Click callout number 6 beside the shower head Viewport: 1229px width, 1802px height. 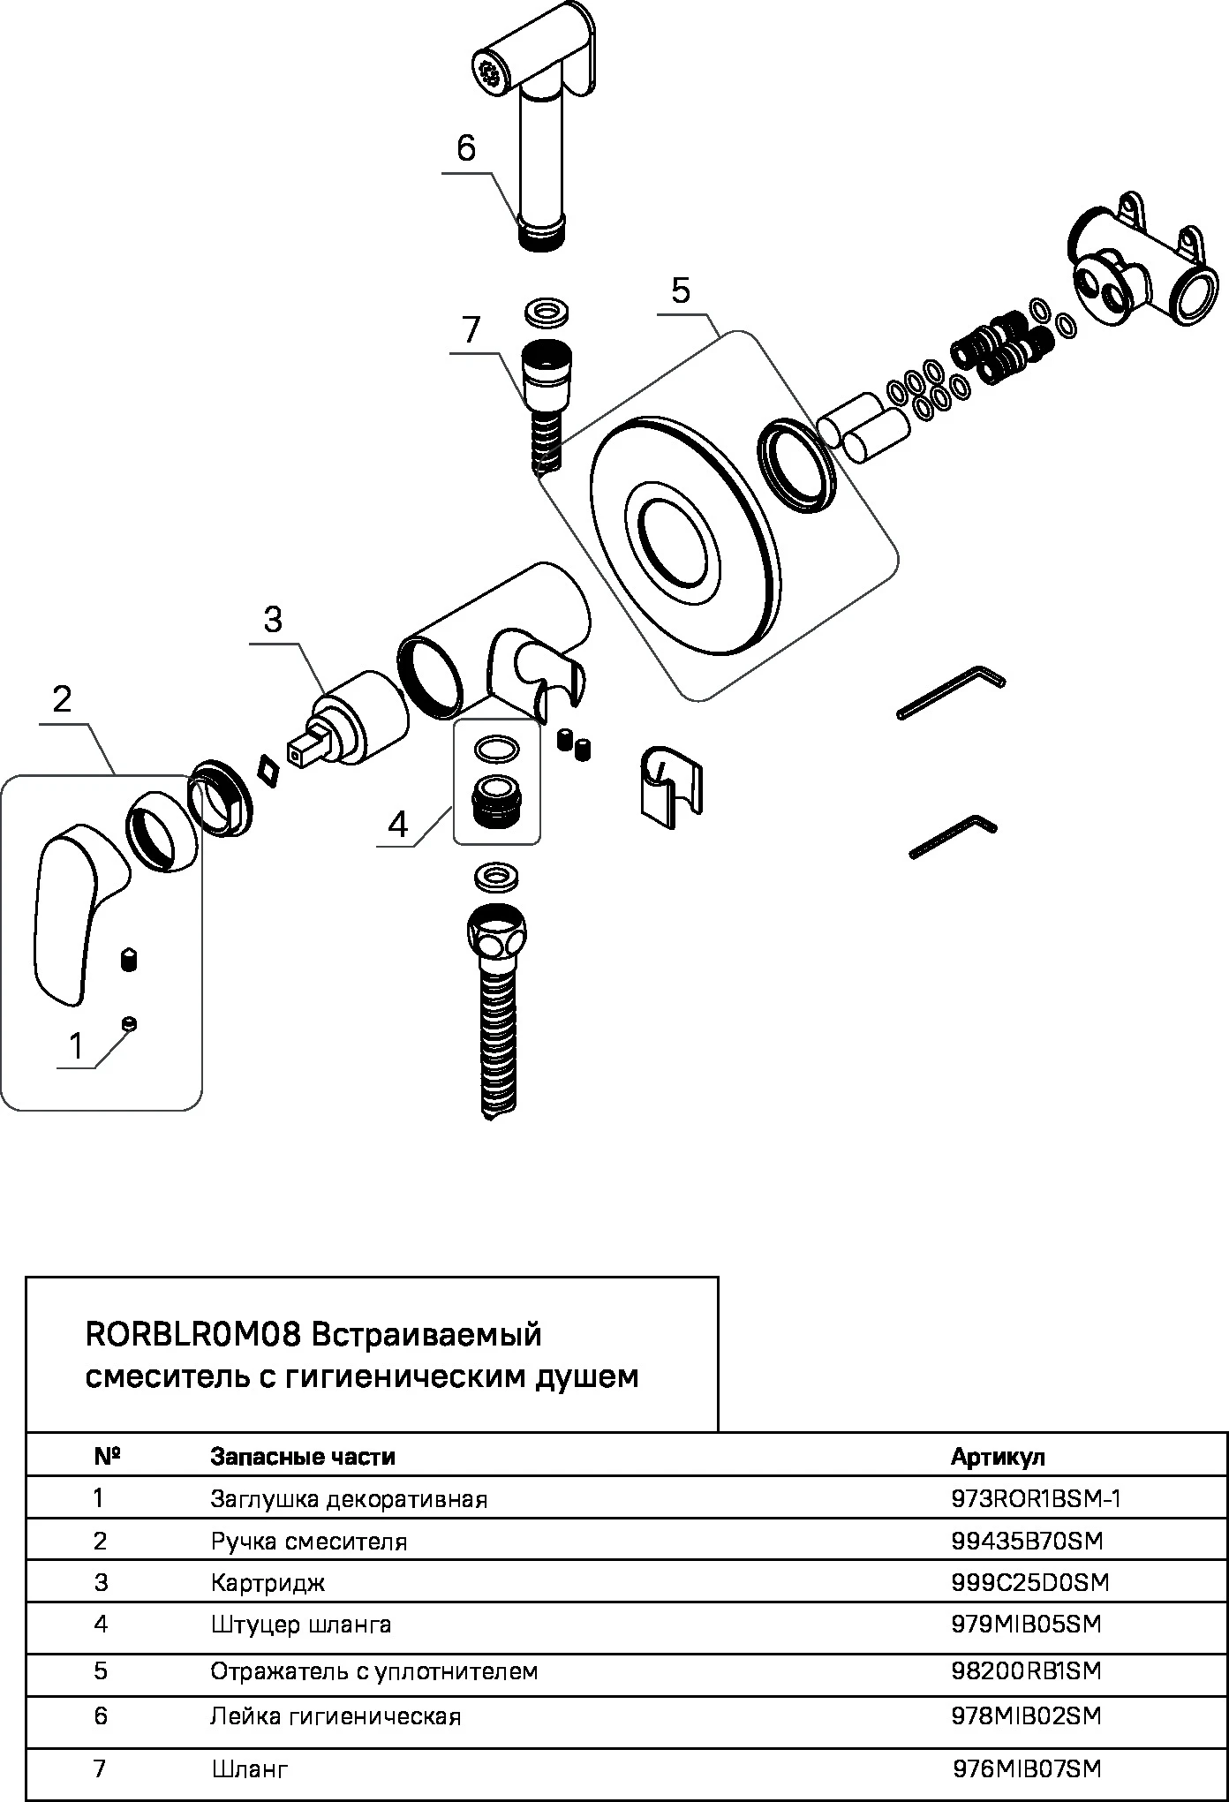[x=466, y=148]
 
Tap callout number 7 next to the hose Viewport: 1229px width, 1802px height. [x=471, y=330]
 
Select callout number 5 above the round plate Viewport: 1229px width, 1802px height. [x=680, y=290]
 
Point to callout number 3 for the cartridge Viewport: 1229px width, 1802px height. [x=273, y=620]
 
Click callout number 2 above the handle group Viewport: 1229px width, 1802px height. [x=62, y=699]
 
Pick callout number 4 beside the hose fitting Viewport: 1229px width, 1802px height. [x=398, y=825]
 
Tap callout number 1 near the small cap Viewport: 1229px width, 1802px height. [x=76, y=1046]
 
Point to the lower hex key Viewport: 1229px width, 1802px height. [x=954, y=835]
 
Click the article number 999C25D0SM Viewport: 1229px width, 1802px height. [x=1029, y=1582]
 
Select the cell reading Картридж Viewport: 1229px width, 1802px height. [x=268, y=1582]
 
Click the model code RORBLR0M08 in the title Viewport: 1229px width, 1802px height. [x=194, y=1334]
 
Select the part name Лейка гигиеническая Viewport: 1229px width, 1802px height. [x=336, y=1716]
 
